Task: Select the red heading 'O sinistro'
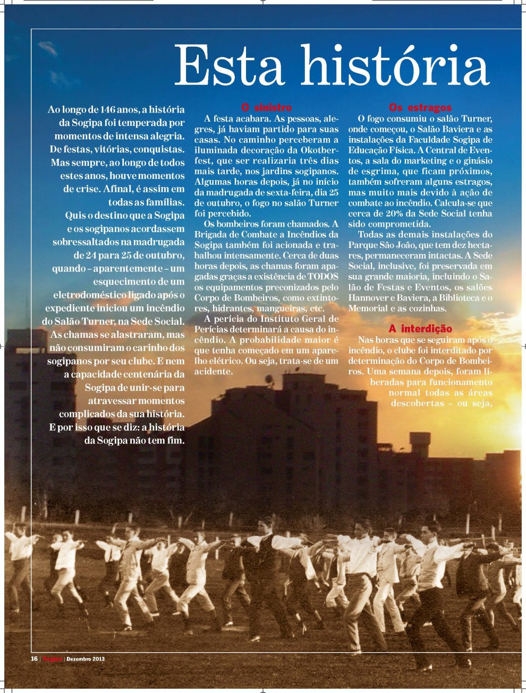266,108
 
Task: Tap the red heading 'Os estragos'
420,108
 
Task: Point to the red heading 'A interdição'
420,329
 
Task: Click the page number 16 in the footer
34,658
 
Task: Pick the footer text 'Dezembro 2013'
85,658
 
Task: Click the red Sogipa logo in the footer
52,658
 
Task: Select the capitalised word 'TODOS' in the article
323,277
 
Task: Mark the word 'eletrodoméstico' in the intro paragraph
89,295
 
